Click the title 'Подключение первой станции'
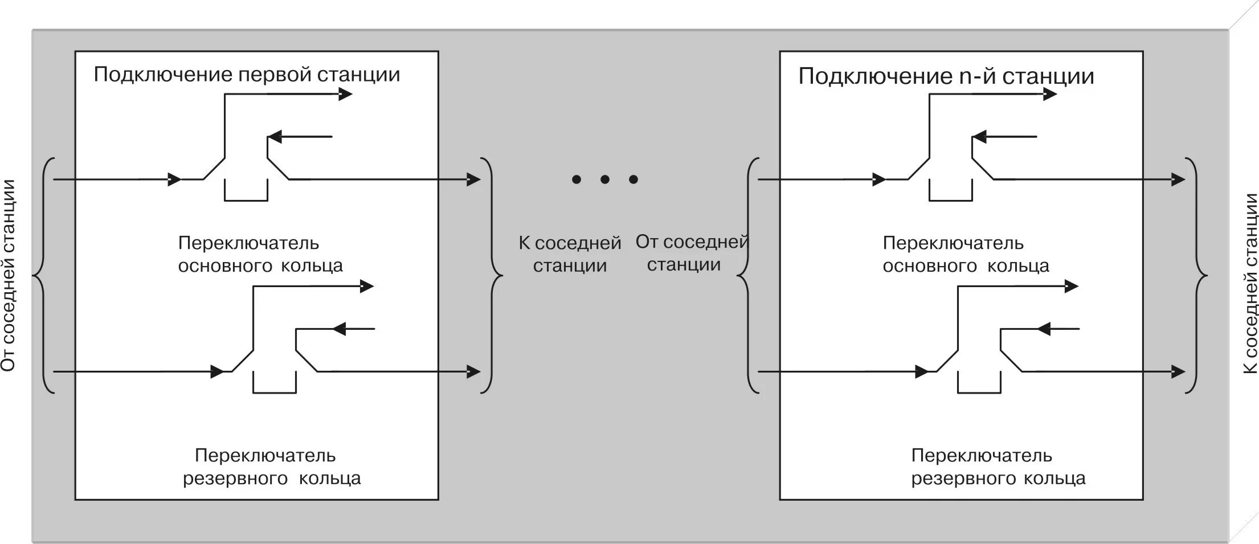click(247, 75)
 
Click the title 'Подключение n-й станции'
click(946, 76)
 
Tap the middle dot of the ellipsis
click(605, 180)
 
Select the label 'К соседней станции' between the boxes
click(570, 254)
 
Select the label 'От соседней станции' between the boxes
click(691, 253)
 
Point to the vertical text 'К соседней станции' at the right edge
click(1250, 284)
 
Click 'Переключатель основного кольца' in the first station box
click(260, 255)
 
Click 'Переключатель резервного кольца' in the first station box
click(271, 467)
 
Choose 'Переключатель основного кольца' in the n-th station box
click(965, 255)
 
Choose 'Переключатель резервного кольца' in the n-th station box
click(998, 467)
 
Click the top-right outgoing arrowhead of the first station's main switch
click(345, 94)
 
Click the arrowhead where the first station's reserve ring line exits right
click(473, 371)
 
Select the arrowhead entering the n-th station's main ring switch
click(879, 180)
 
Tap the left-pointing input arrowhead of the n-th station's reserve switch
click(1044, 329)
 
